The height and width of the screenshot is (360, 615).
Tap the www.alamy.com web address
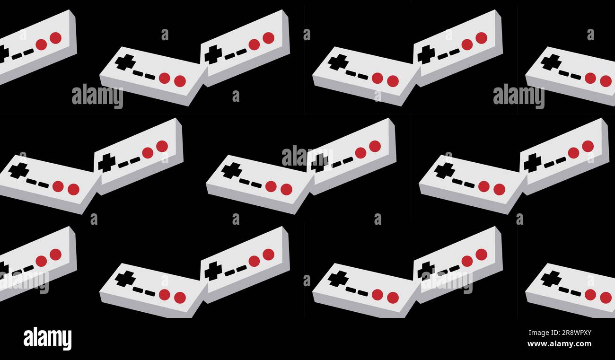559,344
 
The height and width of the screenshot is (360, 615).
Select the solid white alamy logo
47,339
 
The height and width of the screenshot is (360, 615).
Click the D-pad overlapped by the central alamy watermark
320,163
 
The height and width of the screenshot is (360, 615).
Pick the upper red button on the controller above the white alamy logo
55,255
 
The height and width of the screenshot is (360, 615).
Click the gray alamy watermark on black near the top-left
97,96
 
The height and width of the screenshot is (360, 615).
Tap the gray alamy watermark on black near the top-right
518,96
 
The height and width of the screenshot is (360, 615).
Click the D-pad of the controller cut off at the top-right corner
551,62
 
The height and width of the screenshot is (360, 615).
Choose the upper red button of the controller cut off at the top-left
55,38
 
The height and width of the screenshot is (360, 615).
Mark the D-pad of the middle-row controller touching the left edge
18,170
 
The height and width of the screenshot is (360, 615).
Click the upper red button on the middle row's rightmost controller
588,146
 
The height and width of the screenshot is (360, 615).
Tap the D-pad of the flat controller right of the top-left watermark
125,62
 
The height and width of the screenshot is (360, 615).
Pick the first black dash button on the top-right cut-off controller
563,73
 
